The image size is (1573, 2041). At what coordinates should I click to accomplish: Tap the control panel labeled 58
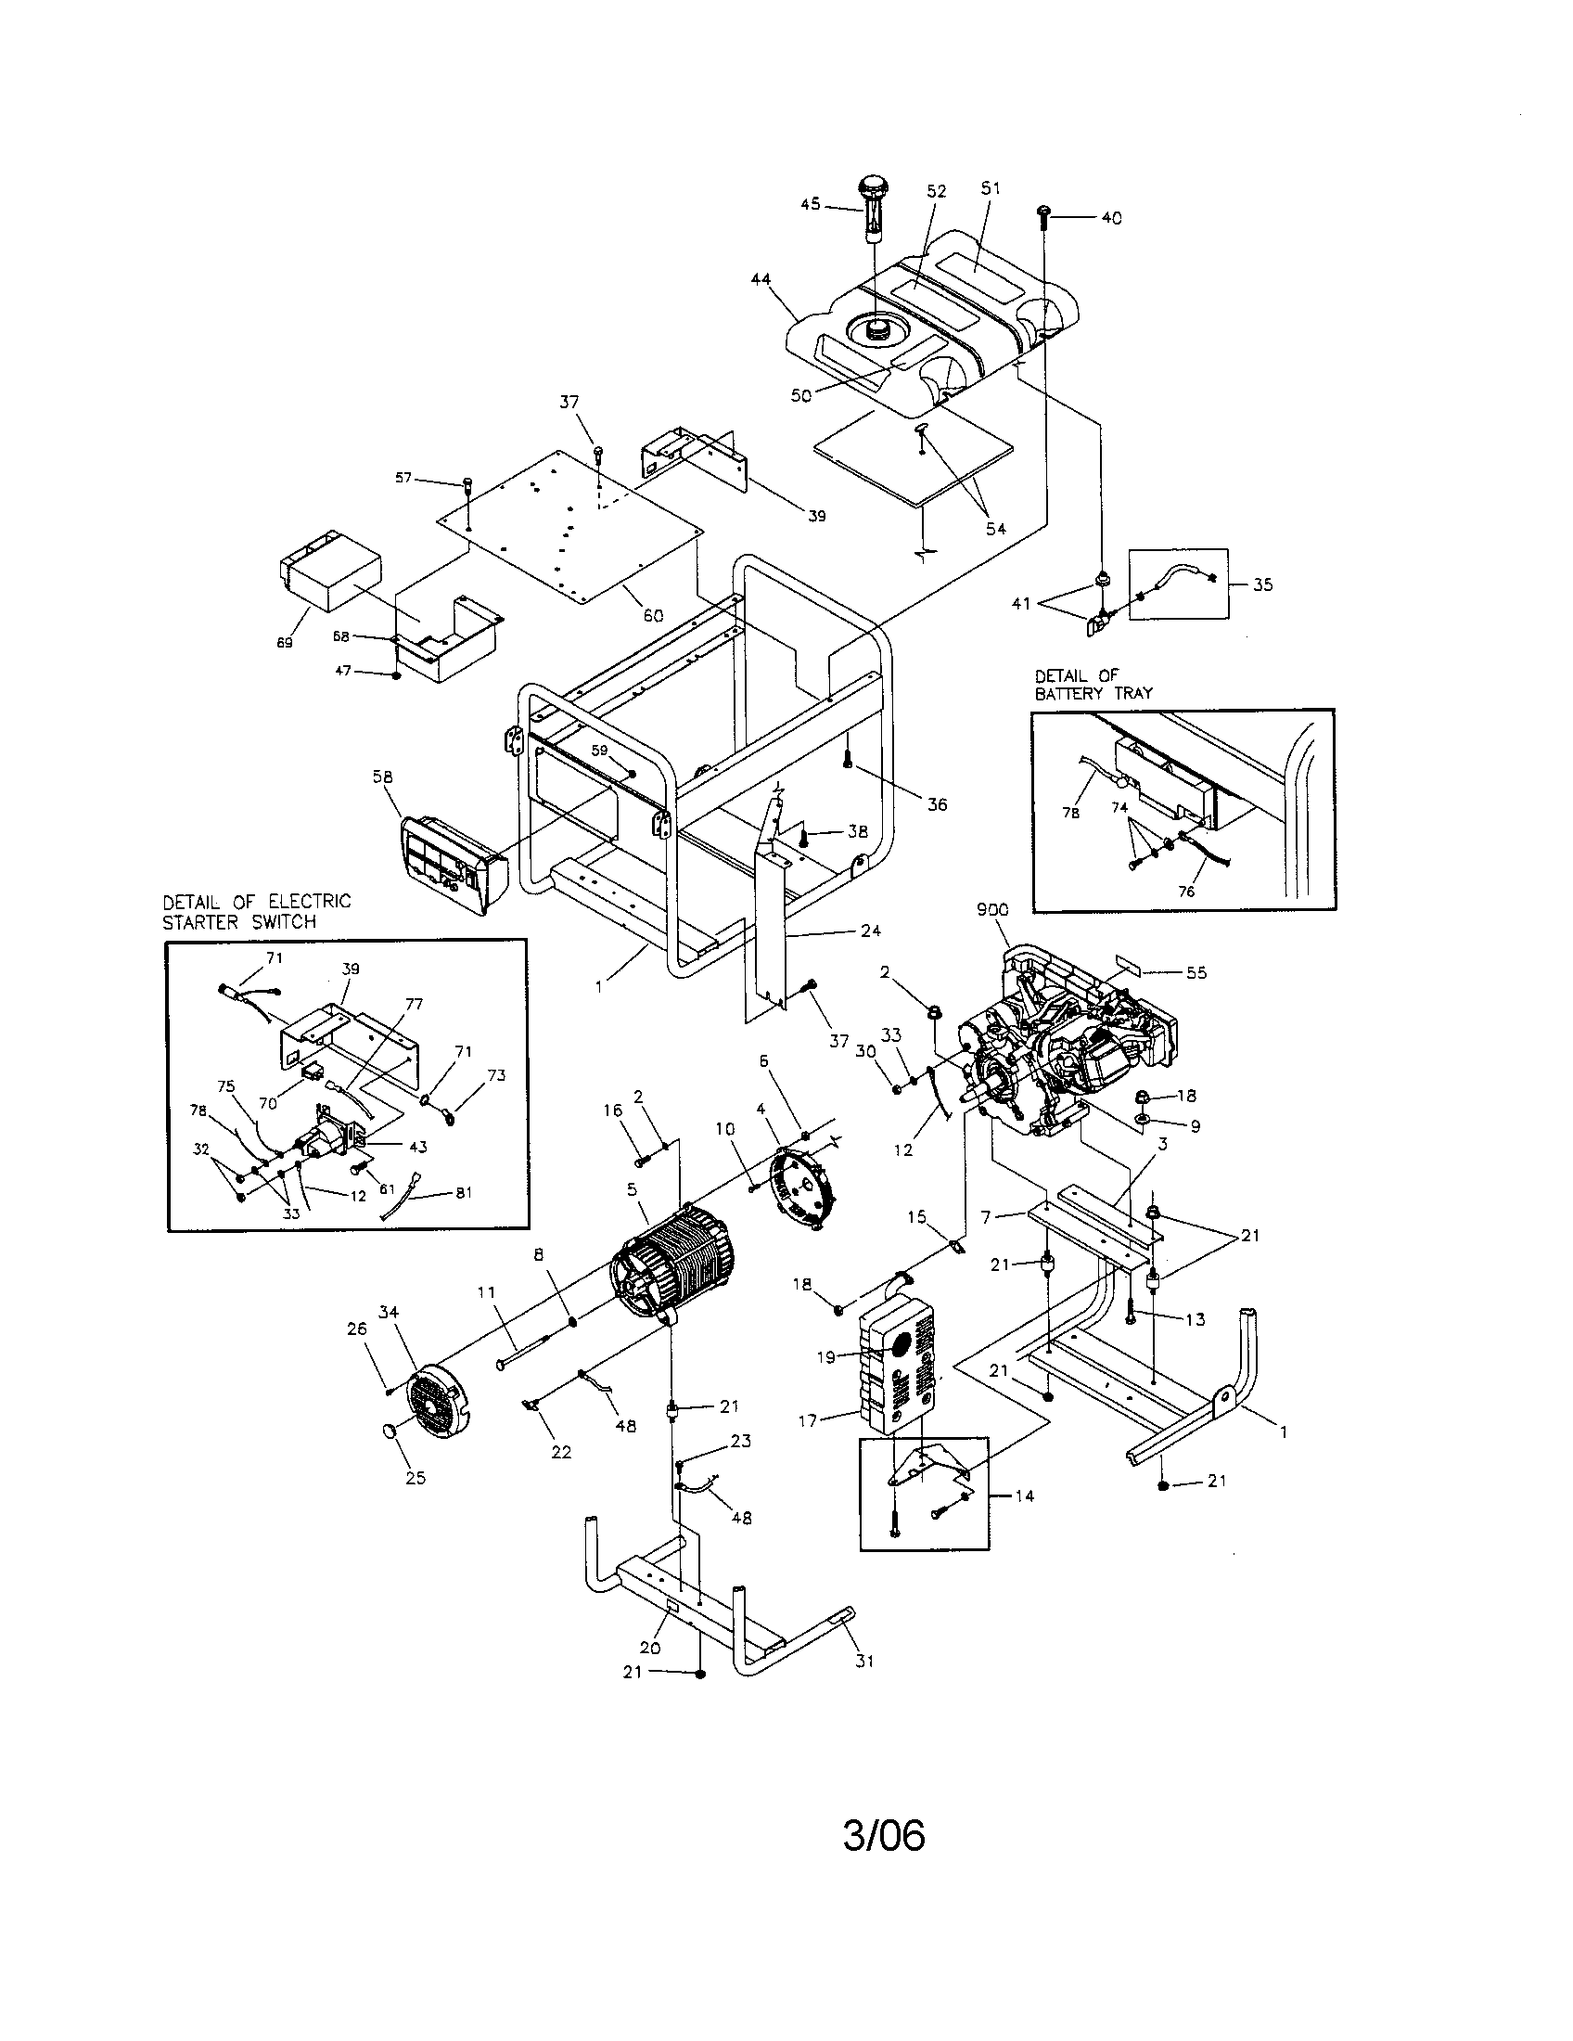(x=451, y=865)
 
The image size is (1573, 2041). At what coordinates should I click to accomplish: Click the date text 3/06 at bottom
(x=884, y=1835)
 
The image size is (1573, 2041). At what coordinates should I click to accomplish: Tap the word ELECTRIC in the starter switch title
(x=309, y=902)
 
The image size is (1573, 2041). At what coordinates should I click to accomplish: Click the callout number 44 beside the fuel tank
(x=760, y=279)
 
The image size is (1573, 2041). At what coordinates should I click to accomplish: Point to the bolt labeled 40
(x=1044, y=217)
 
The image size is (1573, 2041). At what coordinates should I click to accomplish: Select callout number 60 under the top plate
(x=653, y=616)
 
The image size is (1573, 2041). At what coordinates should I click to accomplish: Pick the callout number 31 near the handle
(x=864, y=1662)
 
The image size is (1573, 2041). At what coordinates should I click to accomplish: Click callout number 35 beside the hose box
(x=1262, y=585)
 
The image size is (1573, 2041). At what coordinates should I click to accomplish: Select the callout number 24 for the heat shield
(x=870, y=931)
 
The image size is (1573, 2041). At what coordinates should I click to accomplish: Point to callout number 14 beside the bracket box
(x=1025, y=1496)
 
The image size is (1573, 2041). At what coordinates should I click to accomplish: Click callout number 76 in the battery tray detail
(x=1186, y=891)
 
